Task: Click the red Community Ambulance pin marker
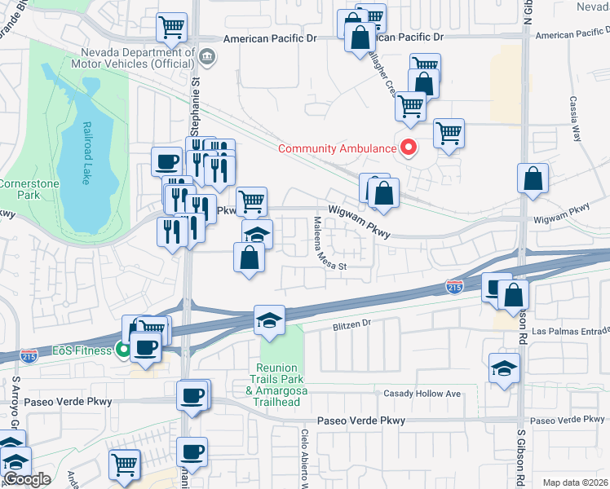(407, 148)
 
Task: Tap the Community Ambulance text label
(336, 148)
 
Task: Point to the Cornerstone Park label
(18, 190)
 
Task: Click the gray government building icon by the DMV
(207, 55)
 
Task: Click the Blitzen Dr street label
(351, 324)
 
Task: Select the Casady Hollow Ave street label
(422, 394)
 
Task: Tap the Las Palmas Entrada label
(570, 332)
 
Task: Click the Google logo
(26, 479)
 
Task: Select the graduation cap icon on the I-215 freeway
(268, 320)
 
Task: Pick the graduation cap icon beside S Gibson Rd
(505, 368)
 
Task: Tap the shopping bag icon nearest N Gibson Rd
(533, 178)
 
